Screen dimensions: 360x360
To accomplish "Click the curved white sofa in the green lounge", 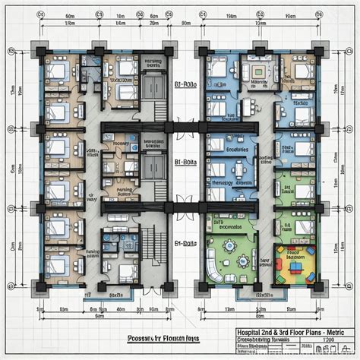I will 217,273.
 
